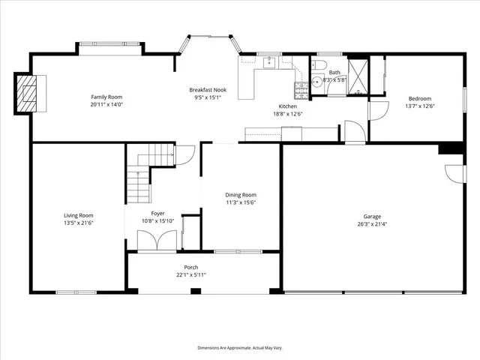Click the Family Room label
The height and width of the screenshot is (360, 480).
pyautogui.click(x=106, y=97)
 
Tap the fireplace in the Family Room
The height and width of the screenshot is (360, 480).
pyautogui.click(x=28, y=93)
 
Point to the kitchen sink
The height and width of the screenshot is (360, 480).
pyautogui.click(x=268, y=62)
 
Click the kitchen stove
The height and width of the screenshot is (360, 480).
pyautogui.click(x=301, y=91)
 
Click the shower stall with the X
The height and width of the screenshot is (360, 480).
pyautogui.click(x=357, y=75)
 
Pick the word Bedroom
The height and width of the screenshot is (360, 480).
pyautogui.click(x=419, y=99)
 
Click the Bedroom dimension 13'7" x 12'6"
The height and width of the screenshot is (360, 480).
pyautogui.click(x=419, y=106)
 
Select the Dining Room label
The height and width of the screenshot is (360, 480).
pyautogui.click(x=241, y=194)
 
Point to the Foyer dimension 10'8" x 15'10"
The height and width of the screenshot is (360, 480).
pyautogui.click(x=158, y=220)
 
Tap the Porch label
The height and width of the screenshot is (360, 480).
pyautogui.click(x=191, y=267)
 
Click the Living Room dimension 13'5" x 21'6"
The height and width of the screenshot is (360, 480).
pyautogui.click(x=78, y=223)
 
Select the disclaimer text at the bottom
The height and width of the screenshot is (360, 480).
pyautogui.click(x=240, y=348)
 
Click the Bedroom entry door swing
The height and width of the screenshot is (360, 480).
pyautogui.click(x=376, y=112)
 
